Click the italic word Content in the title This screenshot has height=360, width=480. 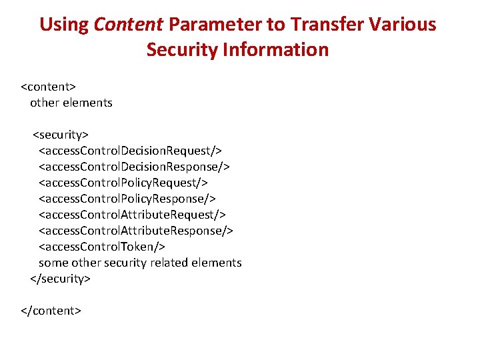[129, 25]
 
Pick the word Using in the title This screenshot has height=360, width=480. [64, 25]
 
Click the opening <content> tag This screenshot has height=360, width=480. [49, 87]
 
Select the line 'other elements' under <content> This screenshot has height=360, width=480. [71, 103]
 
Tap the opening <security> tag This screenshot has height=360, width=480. [61, 135]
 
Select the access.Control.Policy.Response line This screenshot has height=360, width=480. [127, 199]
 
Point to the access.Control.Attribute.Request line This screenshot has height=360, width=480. [132, 215]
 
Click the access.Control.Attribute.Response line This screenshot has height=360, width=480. [136, 231]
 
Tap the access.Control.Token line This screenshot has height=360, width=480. [102, 247]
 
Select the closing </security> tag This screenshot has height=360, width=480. [61, 279]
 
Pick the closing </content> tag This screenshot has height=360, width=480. [51, 311]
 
